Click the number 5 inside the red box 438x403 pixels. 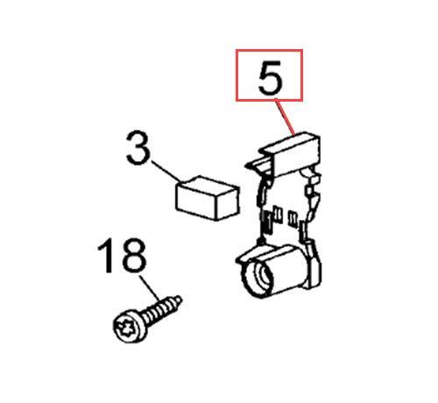tap(271, 77)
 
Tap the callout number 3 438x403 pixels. tap(138, 148)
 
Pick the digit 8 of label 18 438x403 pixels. tap(133, 256)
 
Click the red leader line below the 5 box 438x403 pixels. tap(284, 117)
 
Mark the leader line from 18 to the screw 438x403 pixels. tap(150, 288)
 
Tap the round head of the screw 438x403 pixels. tap(129, 326)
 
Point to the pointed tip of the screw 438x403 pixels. tap(179, 300)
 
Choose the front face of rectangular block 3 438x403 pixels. tap(196, 202)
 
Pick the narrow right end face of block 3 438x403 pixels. tap(228, 203)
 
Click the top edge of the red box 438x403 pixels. tap(269, 50)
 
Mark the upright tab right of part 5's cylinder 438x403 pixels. tap(314, 265)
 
